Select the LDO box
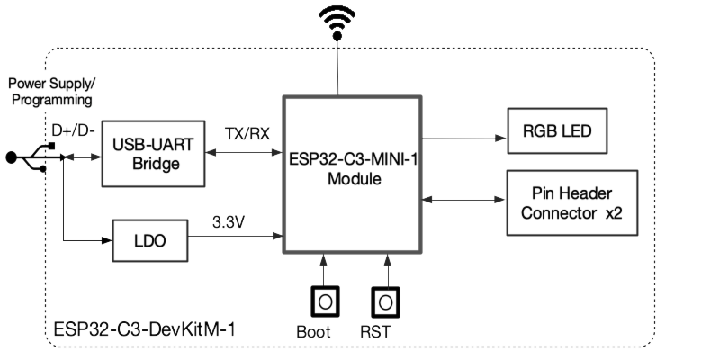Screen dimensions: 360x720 pyautogui.click(x=148, y=240)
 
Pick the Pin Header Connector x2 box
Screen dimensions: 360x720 pyautogui.click(x=571, y=203)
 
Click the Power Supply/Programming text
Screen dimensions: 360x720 pyautogui.click(x=50, y=92)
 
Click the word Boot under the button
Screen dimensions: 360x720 pyautogui.click(x=313, y=331)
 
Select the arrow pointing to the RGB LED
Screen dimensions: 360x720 pyautogui.click(x=463, y=139)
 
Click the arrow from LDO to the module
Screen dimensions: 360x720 pyautogui.click(x=235, y=237)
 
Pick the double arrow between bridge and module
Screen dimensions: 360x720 pyautogui.click(x=243, y=153)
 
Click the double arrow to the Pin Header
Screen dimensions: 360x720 pyautogui.click(x=463, y=198)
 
